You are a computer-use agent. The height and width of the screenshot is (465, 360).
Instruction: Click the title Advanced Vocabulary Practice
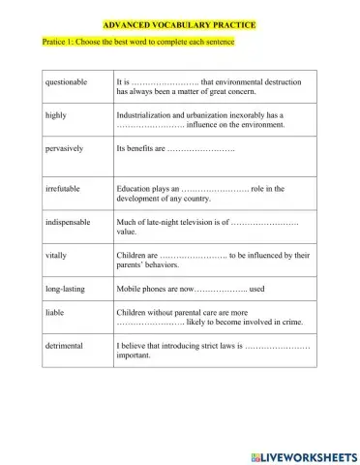click(x=180, y=25)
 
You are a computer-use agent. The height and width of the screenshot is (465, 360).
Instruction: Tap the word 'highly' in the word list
click(x=56, y=115)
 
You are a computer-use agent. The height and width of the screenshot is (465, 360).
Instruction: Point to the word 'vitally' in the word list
click(x=57, y=256)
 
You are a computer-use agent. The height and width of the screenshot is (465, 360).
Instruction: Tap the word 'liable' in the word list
click(x=55, y=314)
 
